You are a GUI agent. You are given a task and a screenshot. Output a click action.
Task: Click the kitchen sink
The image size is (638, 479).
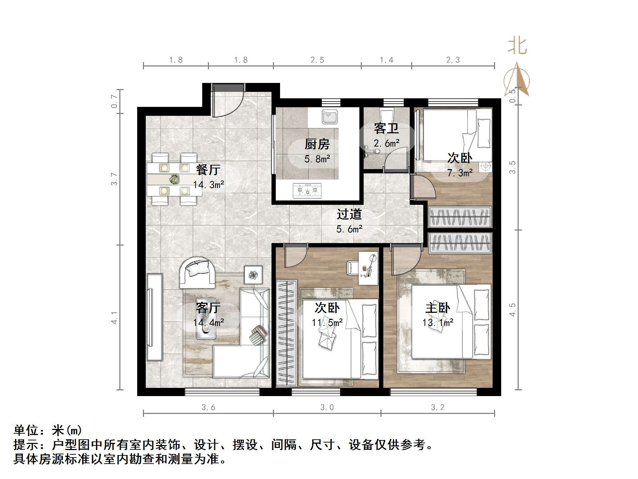pos(330,117)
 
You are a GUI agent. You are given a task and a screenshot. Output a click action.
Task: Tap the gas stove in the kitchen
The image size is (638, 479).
pos(307,190)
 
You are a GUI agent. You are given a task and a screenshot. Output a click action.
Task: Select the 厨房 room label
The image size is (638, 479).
pos(317,144)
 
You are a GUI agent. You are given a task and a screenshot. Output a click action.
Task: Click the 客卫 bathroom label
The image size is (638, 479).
pos(386,128)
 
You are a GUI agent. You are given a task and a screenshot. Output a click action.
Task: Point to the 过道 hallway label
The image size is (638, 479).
pos(349,214)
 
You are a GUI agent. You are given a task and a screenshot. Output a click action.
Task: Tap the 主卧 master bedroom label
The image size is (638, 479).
pos(438,308)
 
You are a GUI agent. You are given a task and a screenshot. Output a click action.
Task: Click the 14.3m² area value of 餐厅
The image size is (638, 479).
pos(209,185)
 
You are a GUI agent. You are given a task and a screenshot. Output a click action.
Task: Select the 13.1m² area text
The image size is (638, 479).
pos(438,323)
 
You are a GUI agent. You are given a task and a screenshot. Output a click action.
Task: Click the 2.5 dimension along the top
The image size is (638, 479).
pos(317,60)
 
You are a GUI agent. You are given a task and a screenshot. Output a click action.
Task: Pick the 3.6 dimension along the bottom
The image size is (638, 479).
pos(208,407)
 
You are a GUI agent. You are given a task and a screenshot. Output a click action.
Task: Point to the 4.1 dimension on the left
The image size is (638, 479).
pos(114,317)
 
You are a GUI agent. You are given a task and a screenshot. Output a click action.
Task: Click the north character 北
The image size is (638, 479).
pos(518,47)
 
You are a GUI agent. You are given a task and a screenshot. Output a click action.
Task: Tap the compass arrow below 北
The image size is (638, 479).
pos(517,79)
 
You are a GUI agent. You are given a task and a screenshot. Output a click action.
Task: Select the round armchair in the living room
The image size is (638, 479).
pos(197,272)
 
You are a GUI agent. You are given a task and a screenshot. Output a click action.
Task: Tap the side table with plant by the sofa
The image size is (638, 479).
pos(253,275)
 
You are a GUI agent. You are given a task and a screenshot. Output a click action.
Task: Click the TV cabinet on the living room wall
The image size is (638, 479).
pos(154,317)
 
